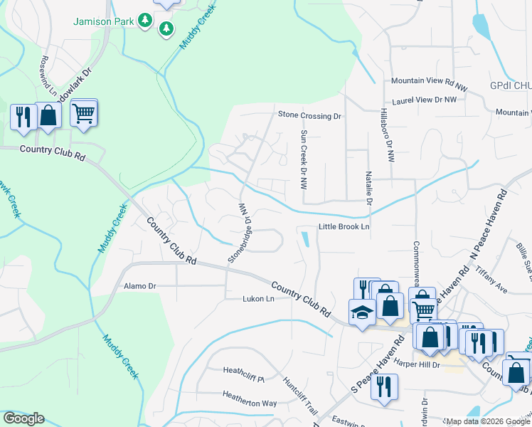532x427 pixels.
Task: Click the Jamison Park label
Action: (x=103, y=21)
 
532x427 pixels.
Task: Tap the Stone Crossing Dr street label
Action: (x=309, y=115)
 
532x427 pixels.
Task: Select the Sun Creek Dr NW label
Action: (x=304, y=159)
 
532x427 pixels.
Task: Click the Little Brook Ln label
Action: (x=344, y=227)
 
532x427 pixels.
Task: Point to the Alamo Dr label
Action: (x=139, y=286)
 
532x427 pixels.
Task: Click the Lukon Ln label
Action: (x=258, y=299)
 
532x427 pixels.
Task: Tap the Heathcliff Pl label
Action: (x=243, y=370)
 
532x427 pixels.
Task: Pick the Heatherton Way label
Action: (x=249, y=403)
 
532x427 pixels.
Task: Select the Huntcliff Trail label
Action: (x=299, y=396)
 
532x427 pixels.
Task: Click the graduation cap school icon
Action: (x=362, y=312)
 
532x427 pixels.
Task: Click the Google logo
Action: (x=23, y=418)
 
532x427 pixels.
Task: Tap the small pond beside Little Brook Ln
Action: (x=305, y=240)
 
